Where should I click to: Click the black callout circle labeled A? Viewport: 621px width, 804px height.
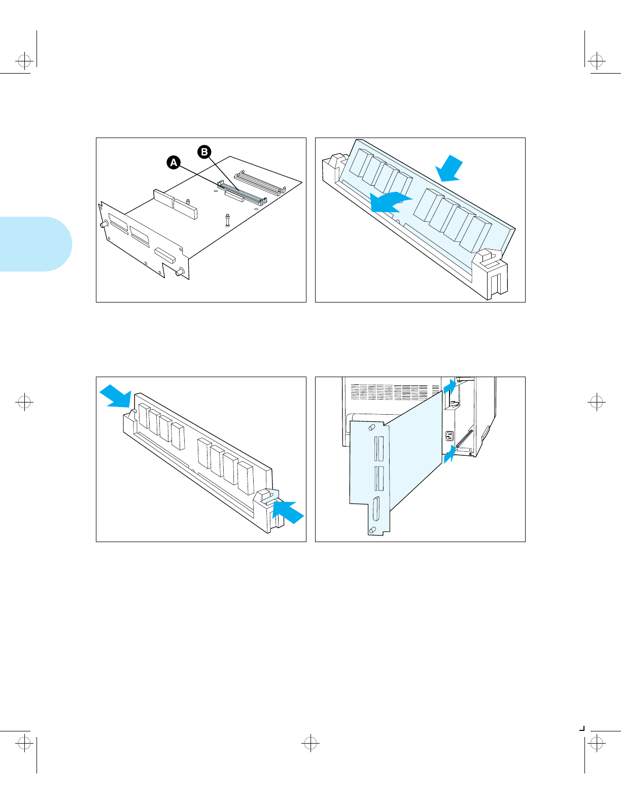click(174, 162)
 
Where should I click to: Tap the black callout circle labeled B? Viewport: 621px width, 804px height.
click(204, 152)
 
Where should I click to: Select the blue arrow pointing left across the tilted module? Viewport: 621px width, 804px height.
click(389, 202)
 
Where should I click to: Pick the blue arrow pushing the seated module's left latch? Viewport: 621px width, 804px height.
click(116, 396)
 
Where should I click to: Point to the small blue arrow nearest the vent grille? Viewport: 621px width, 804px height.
click(449, 387)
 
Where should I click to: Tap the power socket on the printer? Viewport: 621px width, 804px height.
click(449, 436)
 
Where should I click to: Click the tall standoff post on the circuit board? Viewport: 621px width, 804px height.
click(227, 220)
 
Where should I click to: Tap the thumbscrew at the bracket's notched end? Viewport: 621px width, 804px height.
click(179, 273)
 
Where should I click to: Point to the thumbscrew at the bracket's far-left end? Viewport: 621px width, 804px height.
click(103, 224)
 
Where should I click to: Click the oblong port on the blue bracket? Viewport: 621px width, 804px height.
click(376, 509)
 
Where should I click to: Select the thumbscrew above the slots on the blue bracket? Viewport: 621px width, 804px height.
click(372, 427)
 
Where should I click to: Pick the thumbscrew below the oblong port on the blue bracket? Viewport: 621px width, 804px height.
click(373, 530)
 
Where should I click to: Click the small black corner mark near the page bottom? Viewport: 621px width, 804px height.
click(582, 728)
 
